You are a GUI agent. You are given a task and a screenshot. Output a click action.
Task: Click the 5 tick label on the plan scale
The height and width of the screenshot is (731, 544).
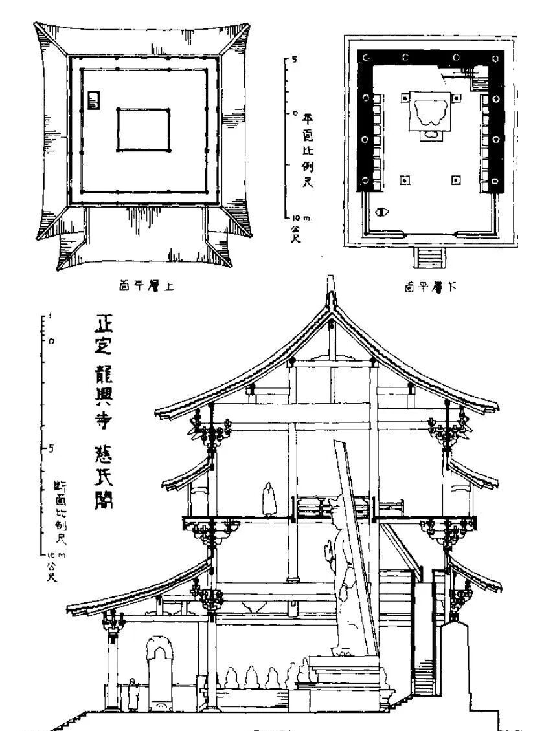pyautogui.click(x=294, y=60)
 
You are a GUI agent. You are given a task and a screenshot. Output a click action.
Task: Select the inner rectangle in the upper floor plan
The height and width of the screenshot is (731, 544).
pyautogui.click(x=143, y=129)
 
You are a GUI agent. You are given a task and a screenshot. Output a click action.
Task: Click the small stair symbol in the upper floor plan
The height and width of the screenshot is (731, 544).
pyautogui.click(x=95, y=100)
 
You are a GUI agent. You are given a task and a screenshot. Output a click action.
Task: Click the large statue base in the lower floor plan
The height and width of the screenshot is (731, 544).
pyautogui.click(x=430, y=114)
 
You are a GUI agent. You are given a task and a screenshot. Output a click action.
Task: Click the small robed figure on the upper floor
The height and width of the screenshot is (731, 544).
pyautogui.click(x=266, y=499)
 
